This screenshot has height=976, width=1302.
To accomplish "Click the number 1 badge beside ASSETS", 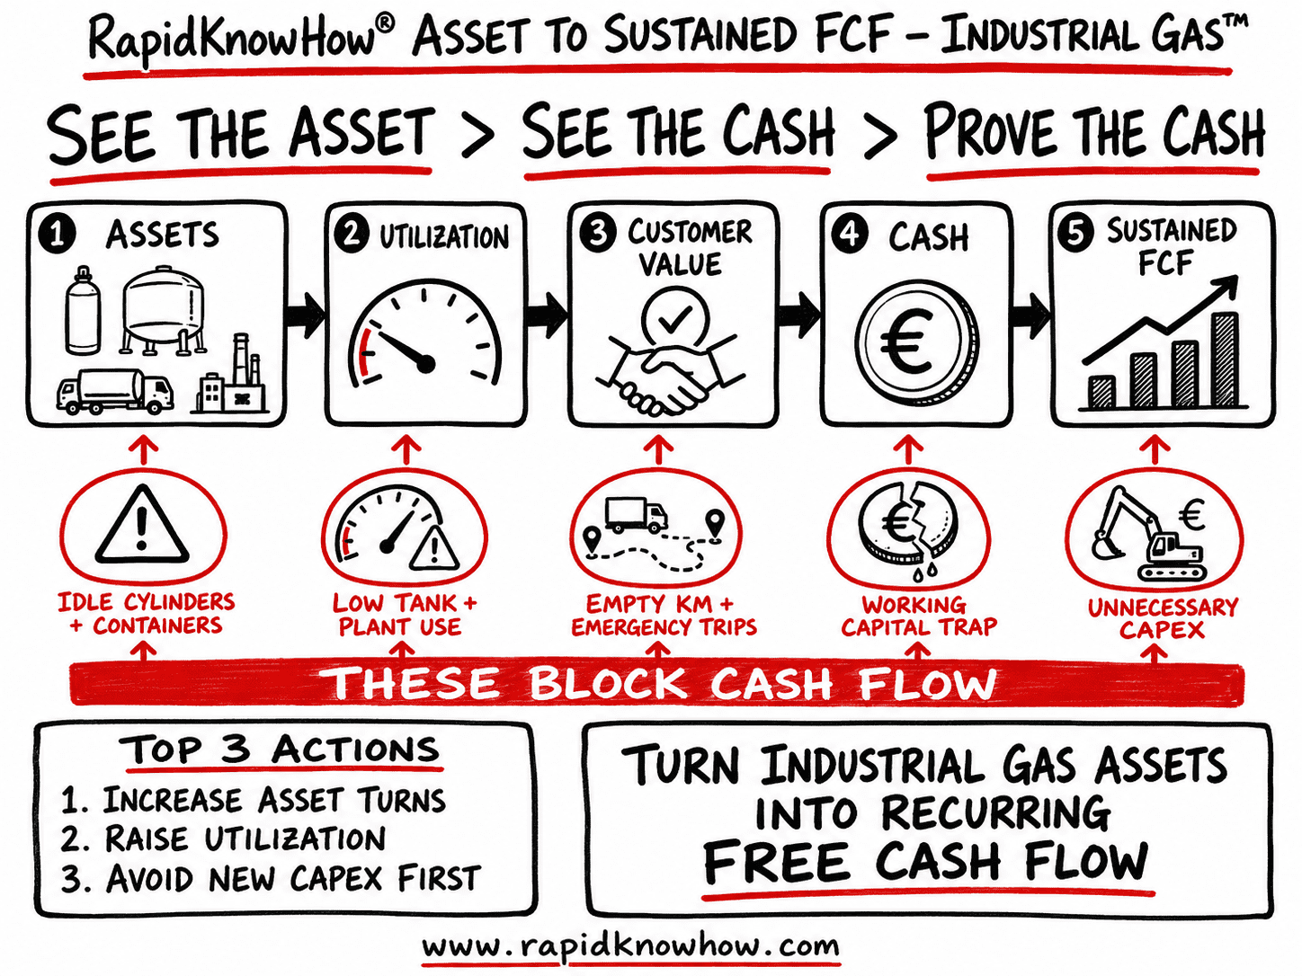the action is (58, 234).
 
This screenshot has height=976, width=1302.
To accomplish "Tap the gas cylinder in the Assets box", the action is (82, 311).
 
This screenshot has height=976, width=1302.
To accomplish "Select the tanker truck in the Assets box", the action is (115, 391).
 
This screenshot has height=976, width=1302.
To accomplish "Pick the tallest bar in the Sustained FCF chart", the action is (1225, 359).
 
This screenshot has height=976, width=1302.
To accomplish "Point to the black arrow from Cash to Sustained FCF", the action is (1031, 315).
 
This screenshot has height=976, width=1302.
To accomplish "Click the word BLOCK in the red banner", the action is (608, 684).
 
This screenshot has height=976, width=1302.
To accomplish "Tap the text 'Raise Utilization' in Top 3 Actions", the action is (245, 839).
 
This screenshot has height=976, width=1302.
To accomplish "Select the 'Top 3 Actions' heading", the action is (283, 750).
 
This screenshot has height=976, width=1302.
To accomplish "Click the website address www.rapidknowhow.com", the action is (630, 945).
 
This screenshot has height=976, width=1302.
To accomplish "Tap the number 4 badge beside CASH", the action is (850, 235).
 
